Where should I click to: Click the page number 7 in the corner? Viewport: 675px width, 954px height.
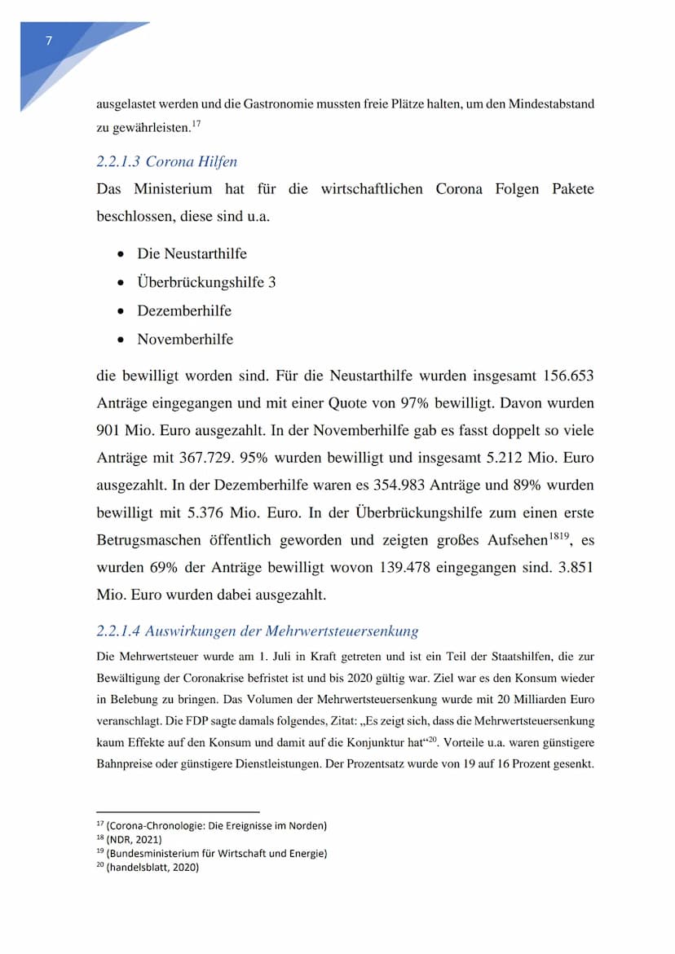coord(49,42)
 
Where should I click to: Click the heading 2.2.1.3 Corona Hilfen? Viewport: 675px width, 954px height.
coord(166,161)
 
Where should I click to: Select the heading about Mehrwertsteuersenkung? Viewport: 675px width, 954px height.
coord(257,631)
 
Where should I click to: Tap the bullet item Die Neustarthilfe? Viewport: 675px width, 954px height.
coord(192,253)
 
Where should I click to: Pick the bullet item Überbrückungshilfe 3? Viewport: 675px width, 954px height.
coord(206,282)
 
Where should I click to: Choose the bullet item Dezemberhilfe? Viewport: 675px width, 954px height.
coord(184,310)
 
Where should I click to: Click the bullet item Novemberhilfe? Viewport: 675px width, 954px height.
coord(185,339)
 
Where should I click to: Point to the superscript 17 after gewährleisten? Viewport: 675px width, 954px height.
coord(196,123)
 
